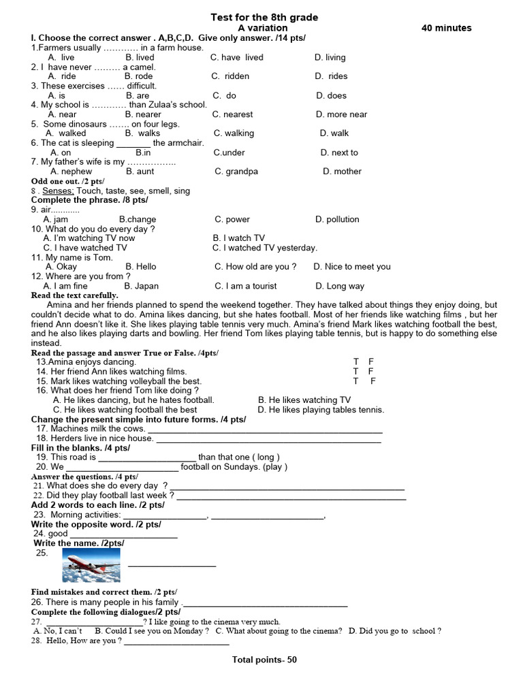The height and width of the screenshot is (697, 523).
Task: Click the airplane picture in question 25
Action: click(91, 565)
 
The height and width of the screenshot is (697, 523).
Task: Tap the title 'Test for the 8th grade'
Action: click(264, 17)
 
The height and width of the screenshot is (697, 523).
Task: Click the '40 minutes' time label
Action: click(446, 28)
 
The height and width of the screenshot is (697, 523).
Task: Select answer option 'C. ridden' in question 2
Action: click(230, 76)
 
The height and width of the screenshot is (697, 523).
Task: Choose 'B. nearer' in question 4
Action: click(143, 114)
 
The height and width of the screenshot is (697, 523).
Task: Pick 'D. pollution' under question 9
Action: click(337, 219)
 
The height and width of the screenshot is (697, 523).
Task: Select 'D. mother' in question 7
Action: click(342, 172)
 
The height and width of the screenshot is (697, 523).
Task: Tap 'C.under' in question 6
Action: click(229, 152)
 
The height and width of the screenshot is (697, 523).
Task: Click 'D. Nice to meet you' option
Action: click(352, 267)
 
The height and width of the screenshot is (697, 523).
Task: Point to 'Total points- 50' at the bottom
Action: click(264, 660)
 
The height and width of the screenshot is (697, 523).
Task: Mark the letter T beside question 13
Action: click(355, 361)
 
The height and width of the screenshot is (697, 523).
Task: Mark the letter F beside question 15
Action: click(373, 381)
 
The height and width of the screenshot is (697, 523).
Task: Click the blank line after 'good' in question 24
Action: click(123, 536)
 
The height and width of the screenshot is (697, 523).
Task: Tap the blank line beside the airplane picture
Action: click(172, 565)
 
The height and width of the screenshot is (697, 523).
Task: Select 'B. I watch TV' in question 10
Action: click(238, 238)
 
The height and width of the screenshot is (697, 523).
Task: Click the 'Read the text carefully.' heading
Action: click(75, 295)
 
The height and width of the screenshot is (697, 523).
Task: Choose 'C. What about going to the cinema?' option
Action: click(279, 631)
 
